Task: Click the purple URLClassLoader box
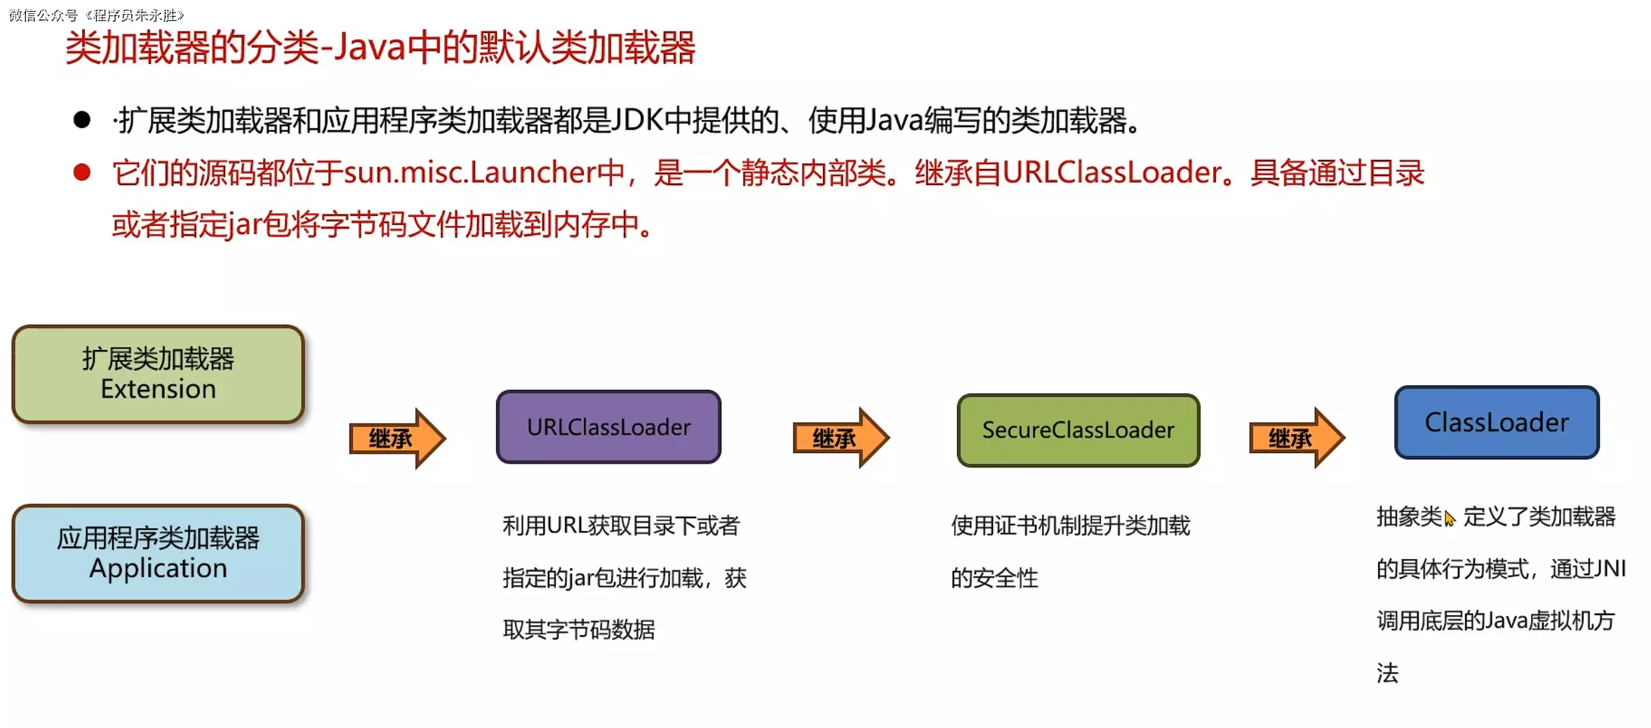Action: pyautogui.click(x=608, y=426)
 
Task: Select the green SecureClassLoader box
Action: pyautogui.click(x=1078, y=430)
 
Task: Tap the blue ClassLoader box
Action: pyautogui.click(x=1496, y=422)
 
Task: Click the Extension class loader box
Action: pyautogui.click(x=158, y=374)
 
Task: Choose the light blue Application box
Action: pyautogui.click(x=158, y=553)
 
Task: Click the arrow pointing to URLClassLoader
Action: pyautogui.click(x=397, y=438)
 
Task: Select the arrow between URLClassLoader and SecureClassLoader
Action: pyautogui.click(x=841, y=438)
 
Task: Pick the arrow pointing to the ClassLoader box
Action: pyautogui.click(x=1297, y=438)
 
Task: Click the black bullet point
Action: pyautogui.click(x=82, y=120)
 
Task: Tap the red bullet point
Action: pyautogui.click(x=82, y=173)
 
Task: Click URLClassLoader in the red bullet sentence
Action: pyautogui.click(x=1112, y=173)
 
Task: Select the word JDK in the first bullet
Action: pyautogui.click(x=637, y=120)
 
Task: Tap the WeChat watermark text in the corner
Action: pyautogui.click(x=96, y=15)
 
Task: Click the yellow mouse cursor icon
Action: pyautogui.click(x=1450, y=519)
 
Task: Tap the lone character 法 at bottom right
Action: pyautogui.click(x=1387, y=673)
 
